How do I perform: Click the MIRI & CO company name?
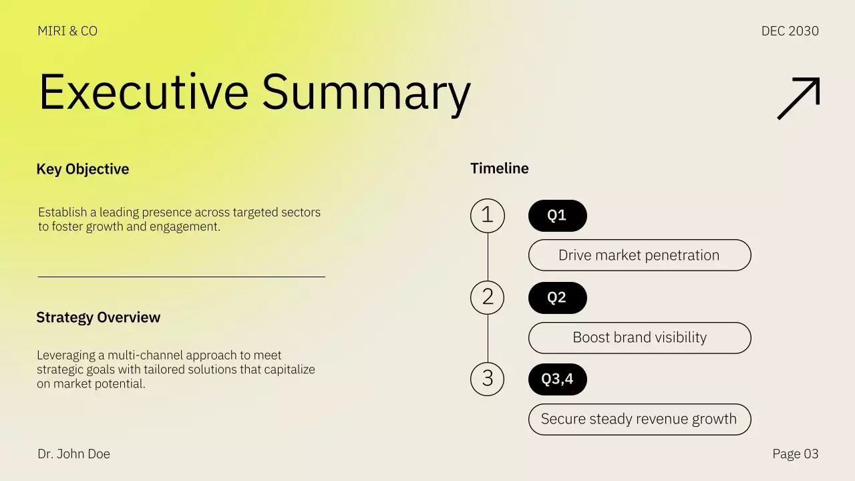pyautogui.click(x=67, y=31)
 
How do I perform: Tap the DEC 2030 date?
pyautogui.click(x=790, y=31)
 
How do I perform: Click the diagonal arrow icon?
pyautogui.click(x=798, y=98)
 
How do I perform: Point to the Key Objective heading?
pyautogui.click(x=83, y=169)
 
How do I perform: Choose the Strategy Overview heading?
pyautogui.click(x=98, y=317)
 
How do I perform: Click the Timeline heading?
pyautogui.click(x=500, y=168)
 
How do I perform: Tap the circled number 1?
pyautogui.click(x=488, y=215)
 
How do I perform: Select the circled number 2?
pyautogui.click(x=488, y=297)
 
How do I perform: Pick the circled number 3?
pyautogui.click(x=488, y=378)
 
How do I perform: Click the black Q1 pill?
pyautogui.click(x=557, y=215)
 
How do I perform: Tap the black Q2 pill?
pyautogui.click(x=557, y=297)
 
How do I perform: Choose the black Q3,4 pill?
pyautogui.click(x=557, y=379)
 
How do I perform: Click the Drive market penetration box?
pyautogui.click(x=639, y=255)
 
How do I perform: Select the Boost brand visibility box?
pyautogui.click(x=639, y=337)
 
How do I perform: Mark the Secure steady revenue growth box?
pyautogui.click(x=639, y=419)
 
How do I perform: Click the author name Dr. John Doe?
pyautogui.click(x=73, y=454)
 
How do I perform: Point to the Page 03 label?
pyautogui.click(x=795, y=454)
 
